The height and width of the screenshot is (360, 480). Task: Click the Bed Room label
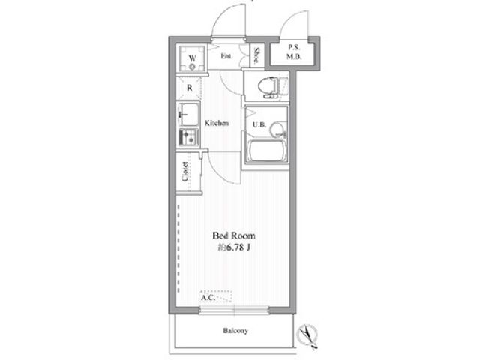coord(234,235)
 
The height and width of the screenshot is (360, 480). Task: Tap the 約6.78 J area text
coord(234,247)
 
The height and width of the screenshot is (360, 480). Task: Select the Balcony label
coord(235,331)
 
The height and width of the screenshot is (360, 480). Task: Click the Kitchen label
coord(217,123)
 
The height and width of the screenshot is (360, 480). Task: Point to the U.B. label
coord(259,125)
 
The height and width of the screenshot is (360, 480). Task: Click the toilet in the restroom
coord(268,86)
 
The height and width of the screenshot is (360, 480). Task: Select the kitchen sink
coord(188,115)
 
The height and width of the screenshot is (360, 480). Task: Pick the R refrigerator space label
coord(190,88)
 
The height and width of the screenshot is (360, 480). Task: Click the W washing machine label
coord(192,58)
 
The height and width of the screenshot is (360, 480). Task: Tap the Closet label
coord(184,172)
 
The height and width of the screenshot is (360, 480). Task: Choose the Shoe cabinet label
coord(257,55)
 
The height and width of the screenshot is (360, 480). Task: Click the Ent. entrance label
coord(226,56)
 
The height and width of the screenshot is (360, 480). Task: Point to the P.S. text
coord(294,47)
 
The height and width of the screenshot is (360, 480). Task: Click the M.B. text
coord(294,56)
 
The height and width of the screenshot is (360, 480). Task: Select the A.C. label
coord(208,297)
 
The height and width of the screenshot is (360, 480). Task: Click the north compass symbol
coord(307,336)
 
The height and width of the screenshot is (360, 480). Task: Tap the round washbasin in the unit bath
coord(278,130)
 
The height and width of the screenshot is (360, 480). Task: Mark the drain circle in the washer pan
coord(192,67)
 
